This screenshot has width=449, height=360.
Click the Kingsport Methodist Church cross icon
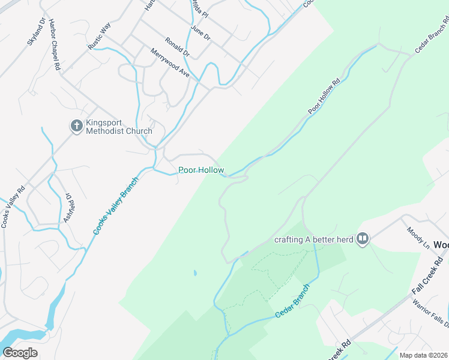click(76, 126)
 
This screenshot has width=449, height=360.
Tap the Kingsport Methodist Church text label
click(119, 127)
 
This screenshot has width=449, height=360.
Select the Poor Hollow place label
click(201, 170)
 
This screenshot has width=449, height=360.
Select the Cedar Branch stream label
click(292, 305)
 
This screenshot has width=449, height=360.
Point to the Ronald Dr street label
click(177, 46)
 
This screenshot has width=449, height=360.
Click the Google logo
click(20, 353)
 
